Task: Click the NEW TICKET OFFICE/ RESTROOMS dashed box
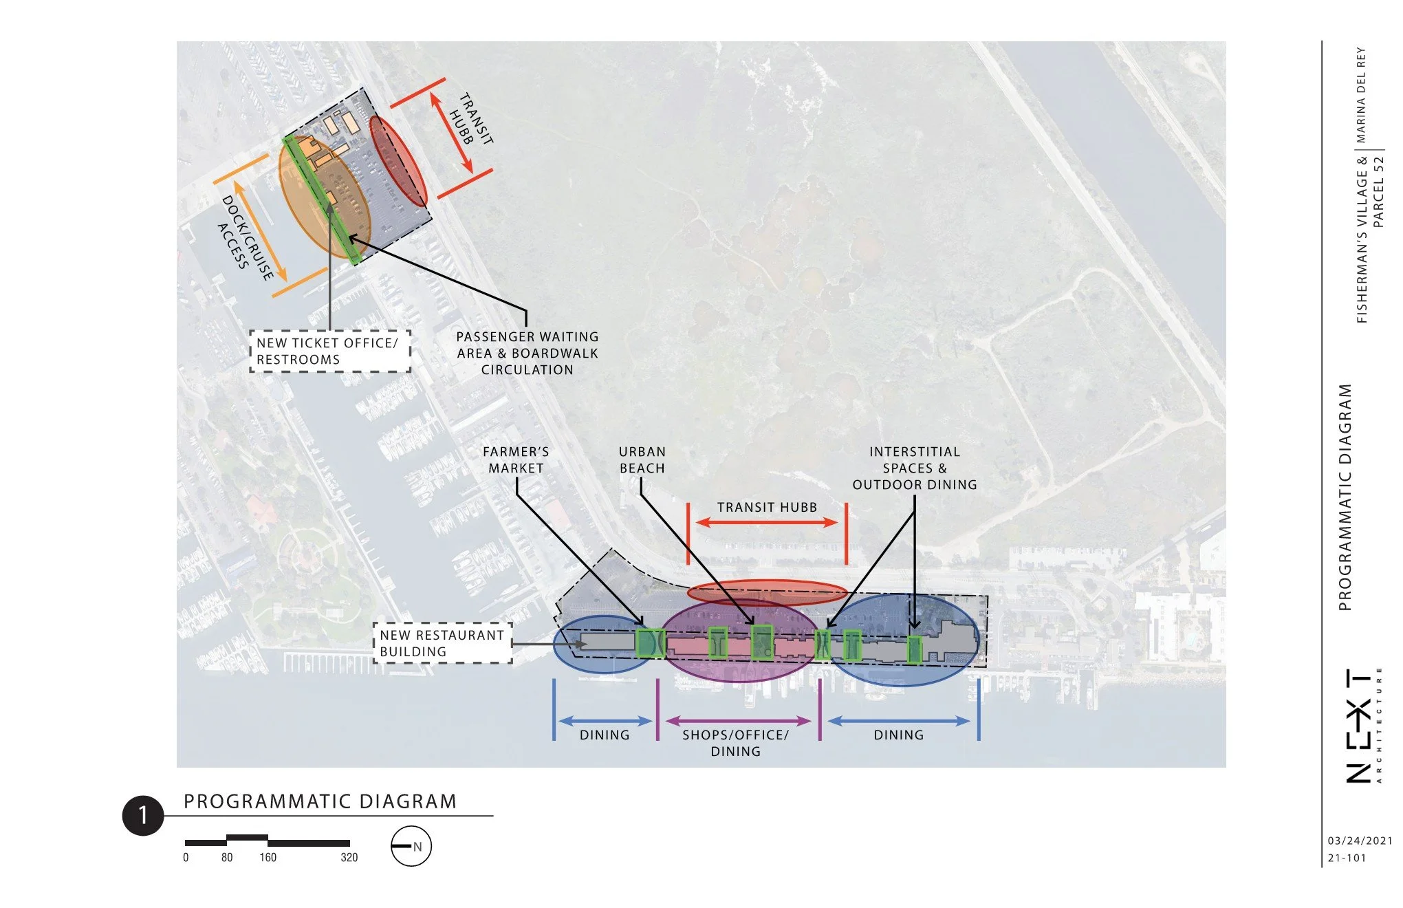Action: pyautogui.click(x=330, y=351)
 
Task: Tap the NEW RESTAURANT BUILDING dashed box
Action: pyautogui.click(x=443, y=643)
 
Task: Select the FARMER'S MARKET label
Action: pyautogui.click(x=516, y=460)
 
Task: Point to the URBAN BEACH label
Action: pyautogui.click(x=642, y=460)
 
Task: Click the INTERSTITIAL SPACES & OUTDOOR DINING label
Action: pyautogui.click(x=915, y=468)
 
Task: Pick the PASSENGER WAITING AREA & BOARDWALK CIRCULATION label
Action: pyautogui.click(x=528, y=353)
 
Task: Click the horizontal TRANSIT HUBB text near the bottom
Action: pyautogui.click(x=767, y=507)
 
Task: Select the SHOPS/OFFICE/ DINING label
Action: pyautogui.click(x=735, y=743)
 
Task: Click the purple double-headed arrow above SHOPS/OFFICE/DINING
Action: pyautogui.click(x=739, y=721)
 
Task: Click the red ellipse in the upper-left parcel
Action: pyautogui.click(x=398, y=161)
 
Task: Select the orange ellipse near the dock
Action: pyautogui.click(x=325, y=197)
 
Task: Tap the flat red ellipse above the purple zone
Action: pyautogui.click(x=768, y=592)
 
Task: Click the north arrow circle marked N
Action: pyautogui.click(x=411, y=846)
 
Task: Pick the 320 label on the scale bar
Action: pyautogui.click(x=349, y=857)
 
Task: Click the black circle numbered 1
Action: pyautogui.click(x=143, y=816)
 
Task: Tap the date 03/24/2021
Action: pyautogui.click(x=1360, y=841)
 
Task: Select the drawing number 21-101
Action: pyautogui.click(x=1347, y=858)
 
